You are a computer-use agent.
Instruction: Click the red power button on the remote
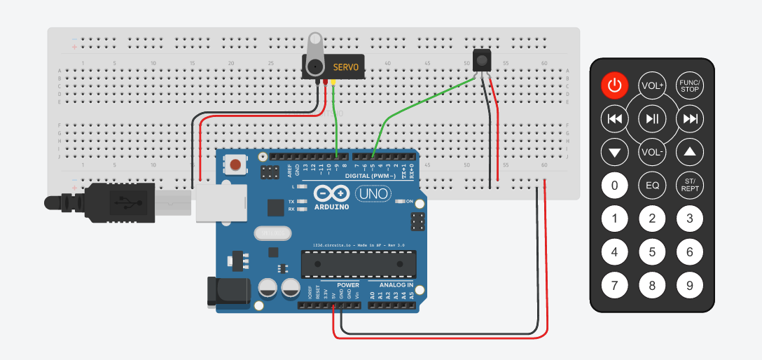tap(614, 85)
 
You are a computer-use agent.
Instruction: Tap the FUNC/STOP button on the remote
tap(690, 85)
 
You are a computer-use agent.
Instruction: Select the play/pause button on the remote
tap(652, 118)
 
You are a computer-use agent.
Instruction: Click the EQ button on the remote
tap(652, 186)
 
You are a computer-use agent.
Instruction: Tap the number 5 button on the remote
tap(652, 252)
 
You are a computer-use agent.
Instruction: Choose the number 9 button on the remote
tap(690, 285)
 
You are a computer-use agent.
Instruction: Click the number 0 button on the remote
tap(614, 186)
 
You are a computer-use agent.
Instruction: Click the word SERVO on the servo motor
tap(345, 67)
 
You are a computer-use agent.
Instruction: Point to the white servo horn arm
tap(314, 49)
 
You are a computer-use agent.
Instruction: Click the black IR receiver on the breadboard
tap(482, 60)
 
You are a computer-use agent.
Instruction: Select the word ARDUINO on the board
tap(331, 207)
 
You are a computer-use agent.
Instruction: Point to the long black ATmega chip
tap(357, 264)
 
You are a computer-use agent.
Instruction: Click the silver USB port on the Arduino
tap(221, 202)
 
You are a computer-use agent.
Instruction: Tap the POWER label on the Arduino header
tap(347, 285)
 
